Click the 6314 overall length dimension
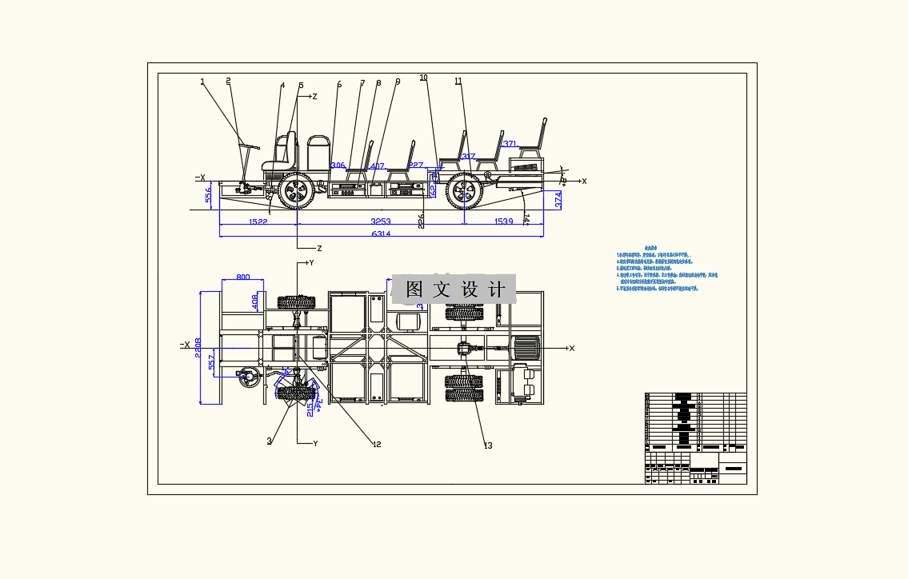click(381, 234)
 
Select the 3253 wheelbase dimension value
click(381, 222)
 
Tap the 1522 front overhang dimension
click(258, 222)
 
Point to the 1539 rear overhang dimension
click(504, 222)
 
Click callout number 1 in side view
click(202, 82)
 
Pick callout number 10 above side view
click(423, 78)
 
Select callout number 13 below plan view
click(488, 445)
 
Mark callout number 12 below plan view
click(377, 445)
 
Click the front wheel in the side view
click(297, 191)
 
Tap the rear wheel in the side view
click(464, 191)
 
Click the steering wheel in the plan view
click(249, 376)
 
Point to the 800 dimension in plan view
click(242, 278)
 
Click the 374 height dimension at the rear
click(558, 200)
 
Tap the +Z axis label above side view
click(314, 97)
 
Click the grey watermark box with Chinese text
click(454, 289)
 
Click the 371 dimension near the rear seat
click(510, 145)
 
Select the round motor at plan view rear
click(525, 348)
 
